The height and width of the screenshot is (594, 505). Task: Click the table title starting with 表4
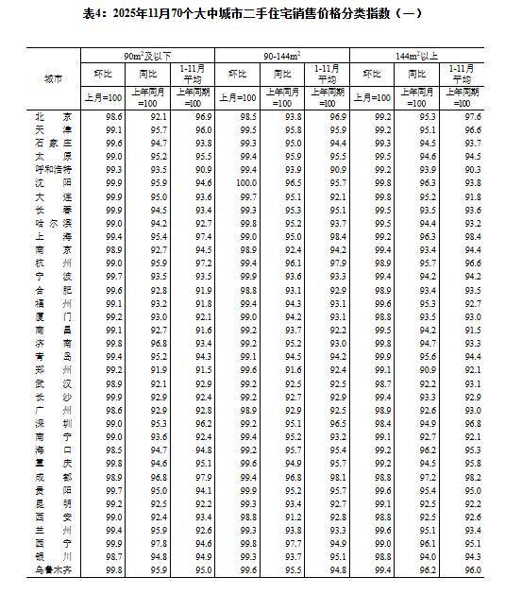(x=252, y=13)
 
